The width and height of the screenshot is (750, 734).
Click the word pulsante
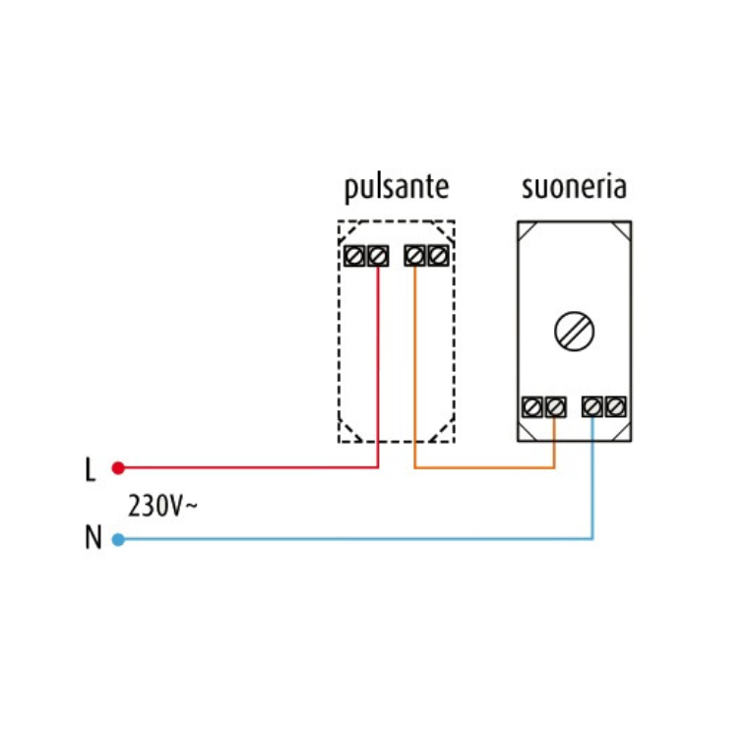[x=396, y=187]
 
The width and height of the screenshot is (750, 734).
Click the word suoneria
[x=574, y=187]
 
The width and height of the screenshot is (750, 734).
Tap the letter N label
[x=93, y=539]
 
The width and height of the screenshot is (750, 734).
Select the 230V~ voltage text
[x=162, y=508]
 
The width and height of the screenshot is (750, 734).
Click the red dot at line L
[x=118, y=467]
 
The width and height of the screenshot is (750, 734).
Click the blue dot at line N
[x=118, y=539]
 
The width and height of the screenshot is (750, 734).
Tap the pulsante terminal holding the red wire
[x=378, y=256]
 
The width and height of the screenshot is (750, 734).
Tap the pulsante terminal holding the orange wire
[x=415, y=256]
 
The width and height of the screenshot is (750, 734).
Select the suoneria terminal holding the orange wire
[x=555, y=405]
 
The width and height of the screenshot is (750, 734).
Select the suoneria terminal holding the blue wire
[x=593, y=405]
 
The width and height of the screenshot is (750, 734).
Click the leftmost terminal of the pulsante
[x=356, y=256]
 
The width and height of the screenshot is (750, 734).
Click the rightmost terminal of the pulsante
[x=438, y=256]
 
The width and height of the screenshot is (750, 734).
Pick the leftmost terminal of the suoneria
[x=532, y=405]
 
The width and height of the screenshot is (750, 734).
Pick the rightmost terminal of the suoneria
[x=616, y=405]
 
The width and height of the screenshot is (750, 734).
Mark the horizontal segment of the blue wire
[x=354, y=539]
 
